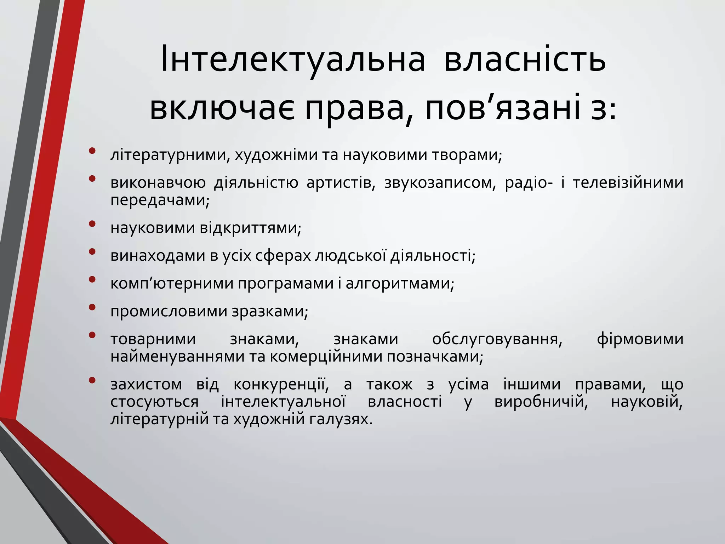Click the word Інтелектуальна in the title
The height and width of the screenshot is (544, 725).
pos(292,59)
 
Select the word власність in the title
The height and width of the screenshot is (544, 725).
pos(525,59)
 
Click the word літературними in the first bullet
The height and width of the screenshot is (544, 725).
pos(169,155)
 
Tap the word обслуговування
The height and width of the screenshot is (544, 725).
pos(497,339)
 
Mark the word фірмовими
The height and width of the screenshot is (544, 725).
pos(640,339)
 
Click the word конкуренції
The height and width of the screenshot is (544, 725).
pos(281,385)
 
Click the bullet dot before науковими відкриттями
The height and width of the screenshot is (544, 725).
pos(92,224)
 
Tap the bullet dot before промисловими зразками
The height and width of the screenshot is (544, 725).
pos(92,307)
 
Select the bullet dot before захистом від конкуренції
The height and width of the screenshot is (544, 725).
pos(92,380)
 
